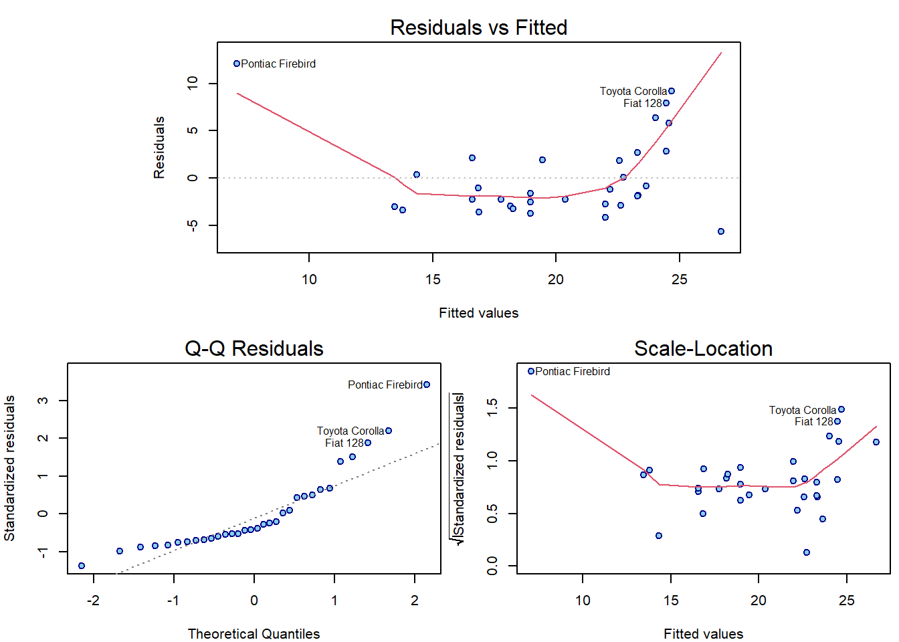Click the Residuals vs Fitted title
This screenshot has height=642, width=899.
click(x=478, y=27)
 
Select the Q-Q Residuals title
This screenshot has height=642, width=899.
click(x=254, y=348)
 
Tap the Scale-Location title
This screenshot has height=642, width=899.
click(x=703, y=348)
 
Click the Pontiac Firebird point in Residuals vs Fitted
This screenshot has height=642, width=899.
click(x=237, y=64)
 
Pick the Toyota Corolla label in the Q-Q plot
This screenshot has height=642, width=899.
click(x=350, y=431)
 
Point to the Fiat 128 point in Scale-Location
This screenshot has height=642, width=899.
click(x=837, y=421)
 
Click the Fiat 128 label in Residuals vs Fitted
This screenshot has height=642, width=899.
click(x=642, y=103)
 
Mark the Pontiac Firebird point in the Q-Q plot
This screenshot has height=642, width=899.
click(x=427, y=385)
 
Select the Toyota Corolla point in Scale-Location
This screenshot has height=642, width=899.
click(x=841, y=409)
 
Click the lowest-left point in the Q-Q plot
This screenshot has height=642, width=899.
click(x=82, y=566)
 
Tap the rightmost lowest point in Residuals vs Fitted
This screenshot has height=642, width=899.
click(x=721, y=231)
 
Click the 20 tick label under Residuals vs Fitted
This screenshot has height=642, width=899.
click(x=556, y=280)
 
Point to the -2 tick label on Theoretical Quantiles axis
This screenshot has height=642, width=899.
click(x=93, y=601)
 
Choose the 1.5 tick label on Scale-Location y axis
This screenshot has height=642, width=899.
click(x=492, y=407)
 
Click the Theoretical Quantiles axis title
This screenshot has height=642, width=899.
click(x=254, y=634)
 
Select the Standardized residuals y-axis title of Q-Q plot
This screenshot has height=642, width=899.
click(x=9, y=468)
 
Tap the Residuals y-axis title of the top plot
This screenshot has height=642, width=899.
click(x=159, y=148)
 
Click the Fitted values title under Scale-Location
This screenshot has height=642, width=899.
click(x=703, y=634)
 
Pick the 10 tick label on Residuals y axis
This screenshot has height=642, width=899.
click(x=193, y=83)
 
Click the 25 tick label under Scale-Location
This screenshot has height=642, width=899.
click(x=846, y=601)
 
